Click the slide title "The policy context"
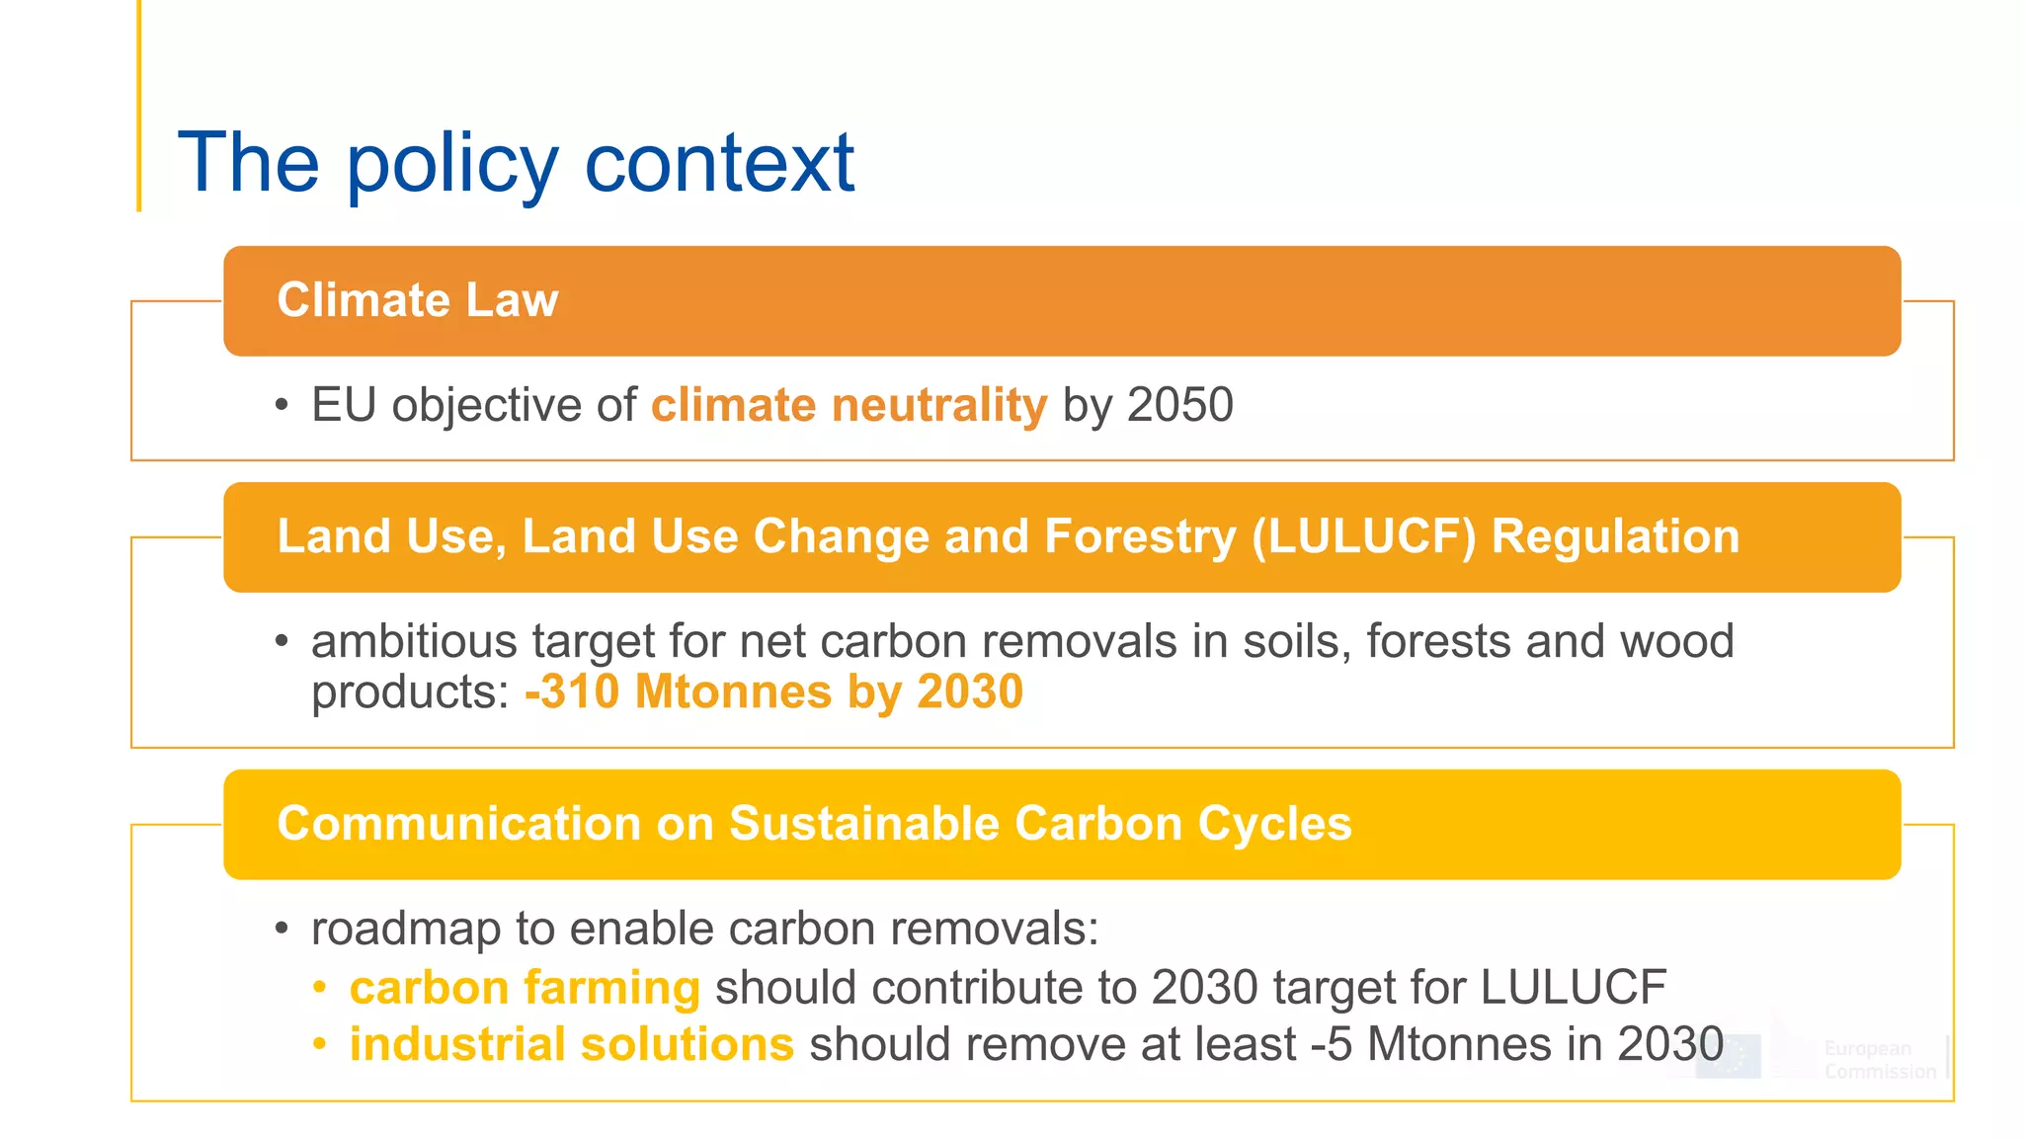[516, 163]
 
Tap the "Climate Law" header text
[417, 300]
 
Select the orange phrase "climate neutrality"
[849, 405]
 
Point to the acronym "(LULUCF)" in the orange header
[1363, 536]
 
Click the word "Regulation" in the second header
[1615, 536]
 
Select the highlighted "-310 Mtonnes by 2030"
[773, 691]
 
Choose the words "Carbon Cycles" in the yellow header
[1182, 824]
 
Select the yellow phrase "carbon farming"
[525, 988]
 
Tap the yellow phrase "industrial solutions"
[571, 1045]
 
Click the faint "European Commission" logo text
[1879, 1060]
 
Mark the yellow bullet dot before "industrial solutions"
[319, 1044]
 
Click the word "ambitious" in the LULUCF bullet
[414, 641]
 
